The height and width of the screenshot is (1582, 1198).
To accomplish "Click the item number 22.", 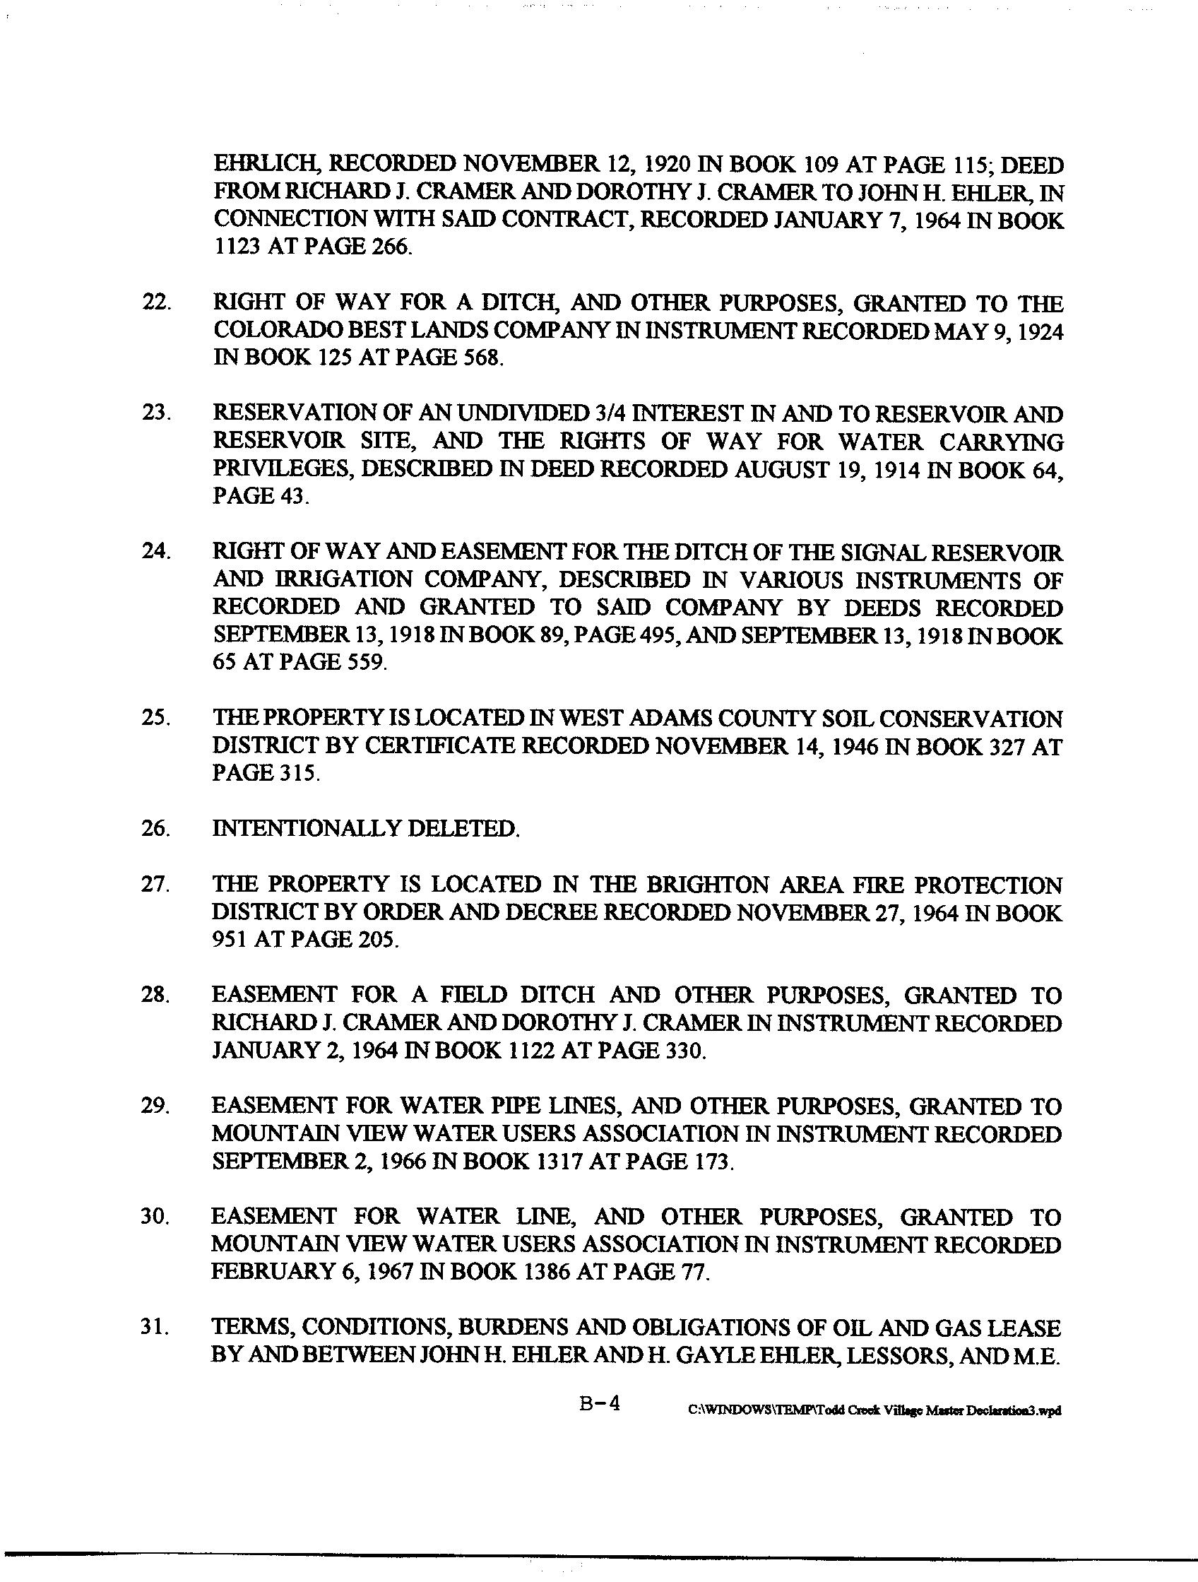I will (156, 303).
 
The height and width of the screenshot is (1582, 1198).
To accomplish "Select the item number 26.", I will (155, 829).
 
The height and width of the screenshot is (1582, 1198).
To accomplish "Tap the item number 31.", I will (155, 1328).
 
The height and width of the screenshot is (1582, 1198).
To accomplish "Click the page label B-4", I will (599, 1404).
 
